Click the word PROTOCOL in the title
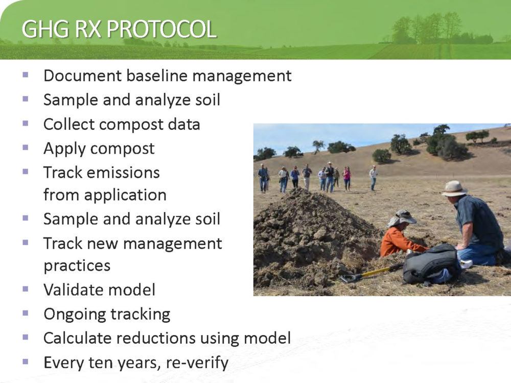[161, 29]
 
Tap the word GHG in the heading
[45, 29]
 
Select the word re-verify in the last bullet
[197, 363]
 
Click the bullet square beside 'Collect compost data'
[26, 124]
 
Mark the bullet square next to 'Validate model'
[26, 289]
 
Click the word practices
[77, 266]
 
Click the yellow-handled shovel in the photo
[371, 273]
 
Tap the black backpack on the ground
[431, 265]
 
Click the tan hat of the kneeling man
[454, 188]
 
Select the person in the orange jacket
[400, 235]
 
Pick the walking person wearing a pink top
[347, 178]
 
